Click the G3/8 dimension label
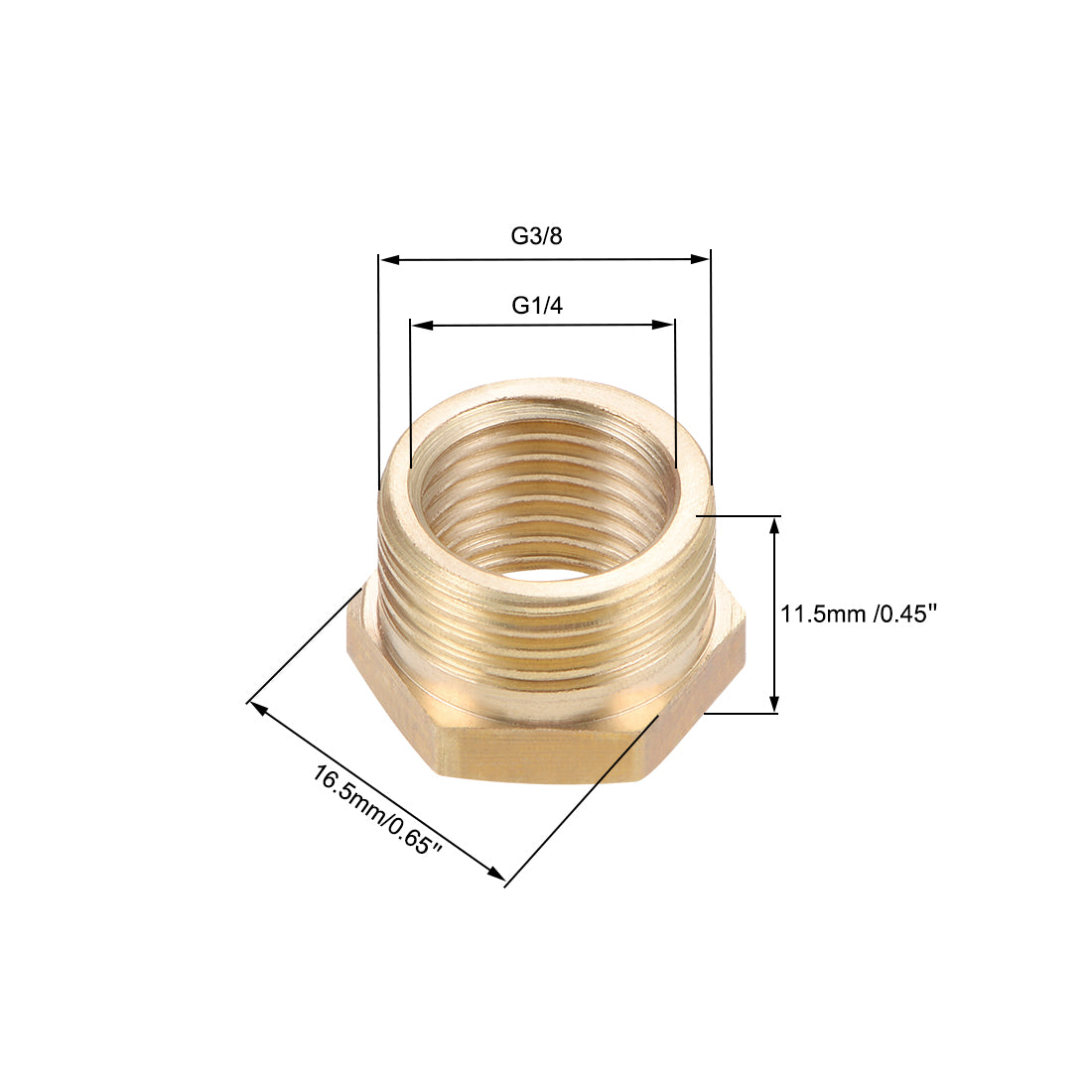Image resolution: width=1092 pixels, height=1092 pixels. click(536, 236)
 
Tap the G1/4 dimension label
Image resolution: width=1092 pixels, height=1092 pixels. click(537, 306)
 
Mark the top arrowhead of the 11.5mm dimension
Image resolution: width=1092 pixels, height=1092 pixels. click(775, 525)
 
